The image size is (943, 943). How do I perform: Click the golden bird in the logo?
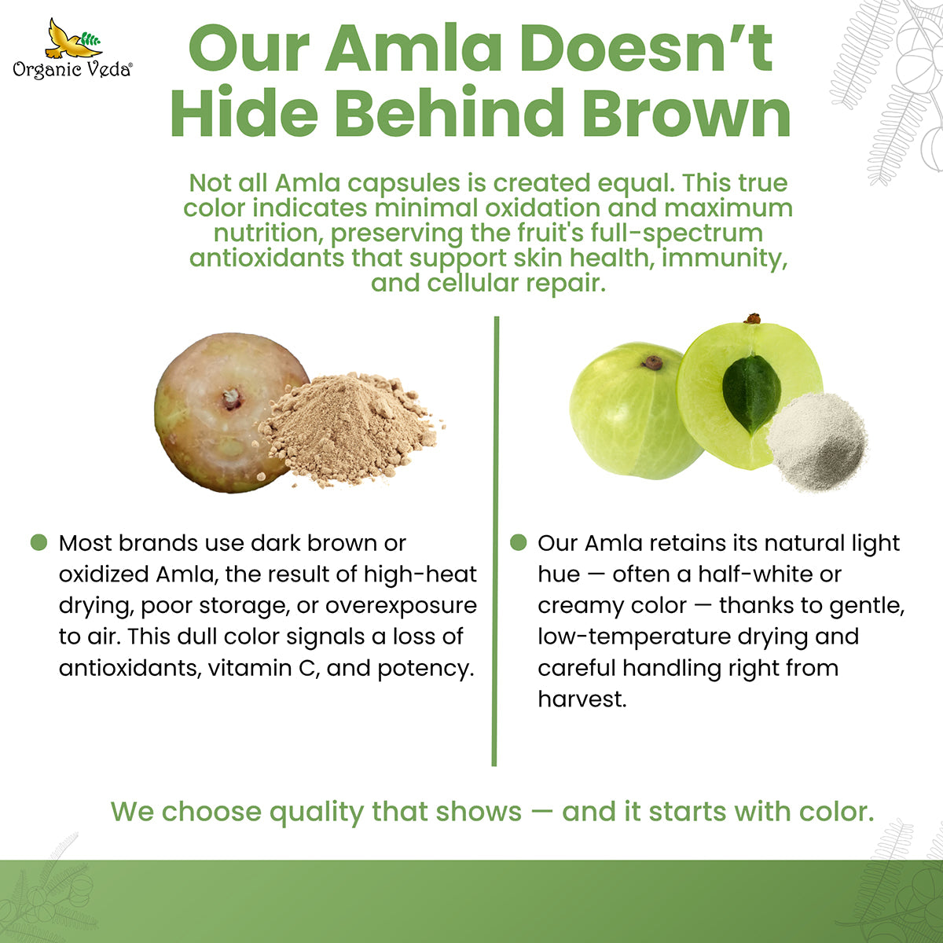coord(68,39)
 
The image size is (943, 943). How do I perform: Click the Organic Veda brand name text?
coord(72,69)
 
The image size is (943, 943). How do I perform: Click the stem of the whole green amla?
coord(653,362)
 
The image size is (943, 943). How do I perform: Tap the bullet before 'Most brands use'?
coord(39,542)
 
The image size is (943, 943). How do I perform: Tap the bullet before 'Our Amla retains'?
coord(518,542)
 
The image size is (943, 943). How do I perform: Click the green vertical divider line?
coord(495,541)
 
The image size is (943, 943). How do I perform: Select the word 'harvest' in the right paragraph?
coord(582,699)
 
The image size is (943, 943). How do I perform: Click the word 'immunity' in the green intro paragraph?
coord(725,259)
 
